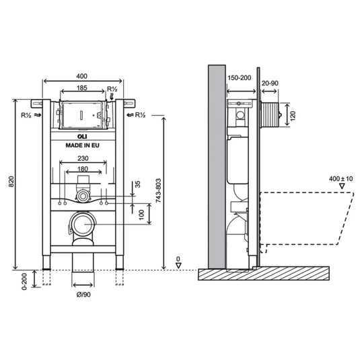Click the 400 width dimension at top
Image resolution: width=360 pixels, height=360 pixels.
tap(81, 76)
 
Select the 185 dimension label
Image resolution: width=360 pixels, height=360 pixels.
tap(82, 87)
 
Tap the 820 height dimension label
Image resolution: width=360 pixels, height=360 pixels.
tap(11, 182)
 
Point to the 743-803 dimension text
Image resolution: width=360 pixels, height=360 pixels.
tap(158, 190)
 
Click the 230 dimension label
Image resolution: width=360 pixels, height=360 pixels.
tap(83, 158)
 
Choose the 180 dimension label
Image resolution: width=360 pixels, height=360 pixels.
tap(83, 169)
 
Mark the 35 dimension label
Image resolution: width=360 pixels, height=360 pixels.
tap(137, 184)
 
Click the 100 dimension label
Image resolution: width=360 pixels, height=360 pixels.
tap(142, 215)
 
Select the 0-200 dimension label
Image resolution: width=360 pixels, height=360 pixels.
tap(24, 281)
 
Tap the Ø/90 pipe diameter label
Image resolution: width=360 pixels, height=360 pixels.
tap(83, 295)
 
